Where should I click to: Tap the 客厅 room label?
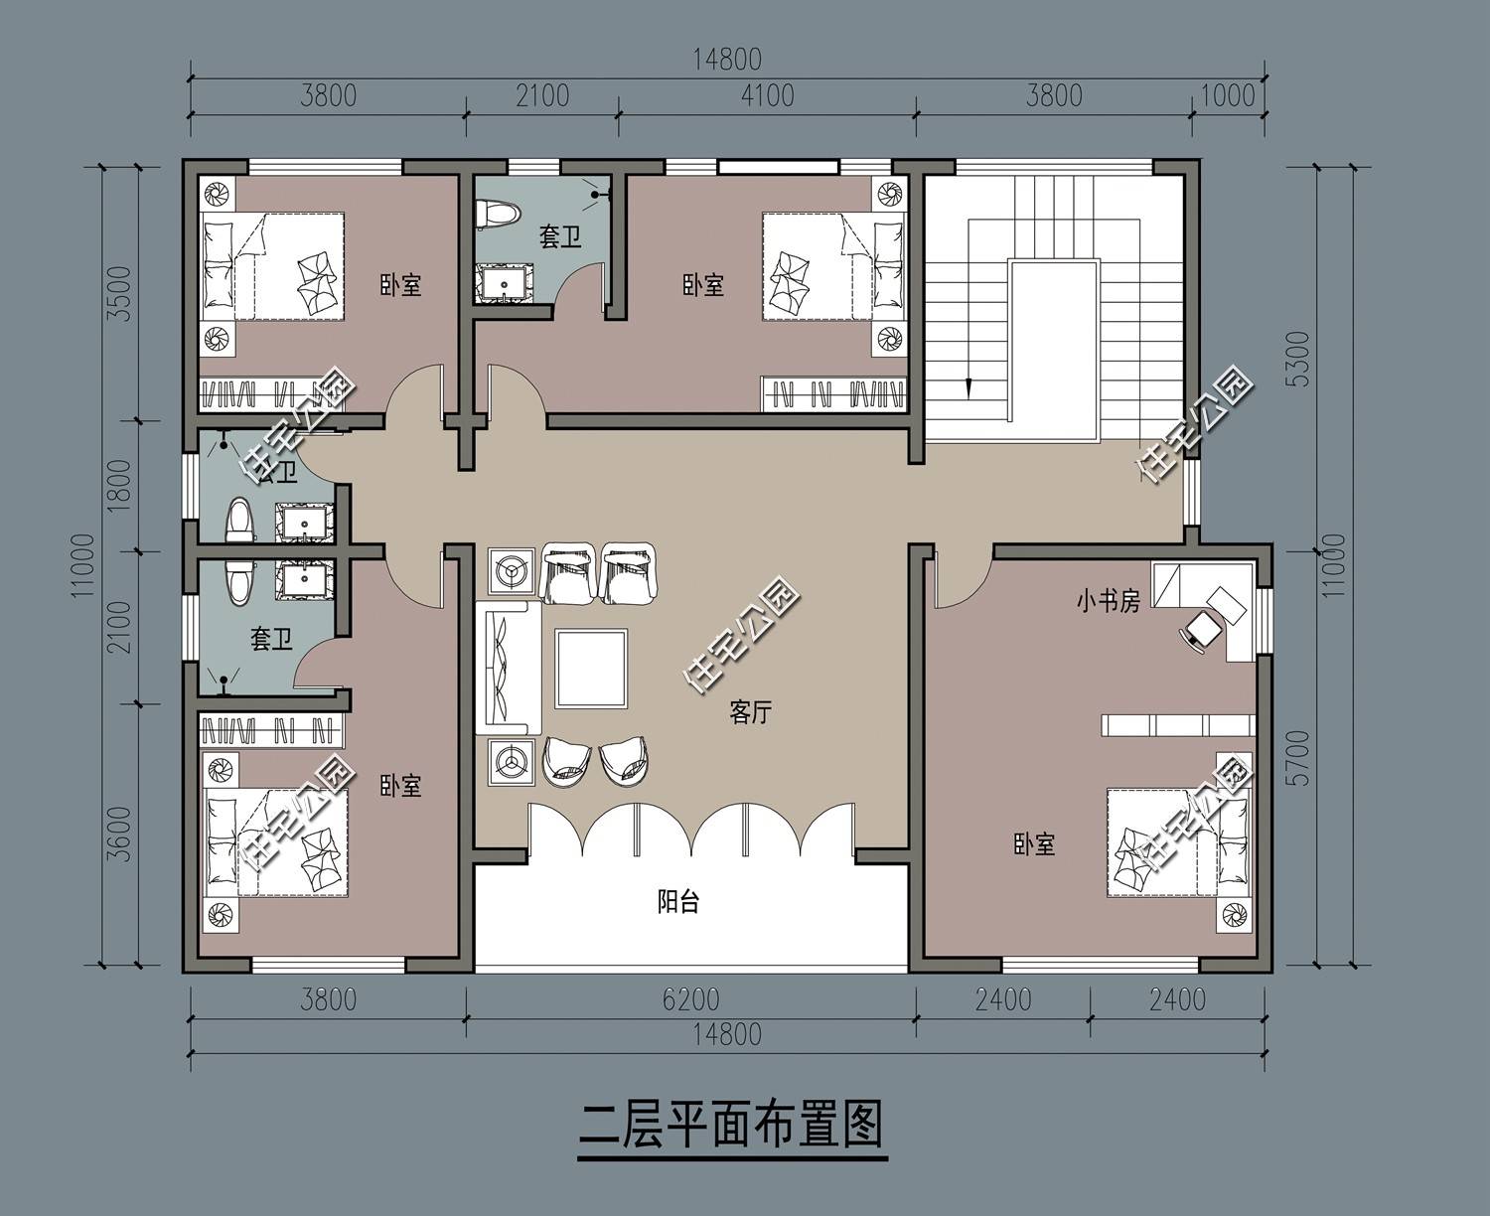click(x=750, y=712)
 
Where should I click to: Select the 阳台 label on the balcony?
click(x=678, y=902)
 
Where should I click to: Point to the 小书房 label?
click(x=1109, y=602)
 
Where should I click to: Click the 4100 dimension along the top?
click(x=767, y=95)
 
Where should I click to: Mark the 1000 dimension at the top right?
click(x=1228, y=95)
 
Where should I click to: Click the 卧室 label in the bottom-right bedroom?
click(x=1034, y=845)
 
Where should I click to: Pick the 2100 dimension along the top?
click(x=542, y=95)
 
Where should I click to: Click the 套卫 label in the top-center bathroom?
click(x=559, y=237)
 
